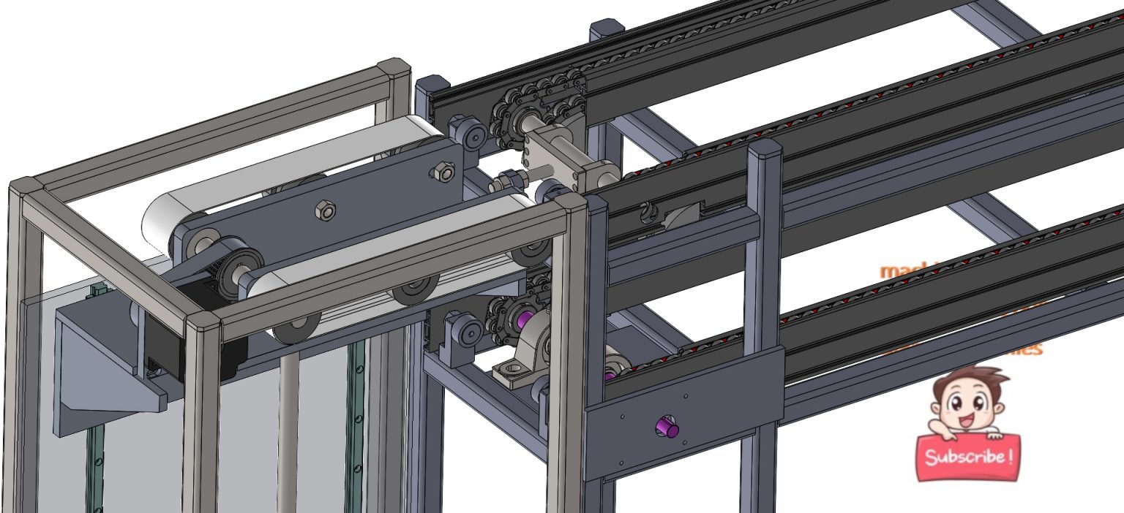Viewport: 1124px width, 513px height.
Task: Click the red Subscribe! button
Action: [x=967, y=457]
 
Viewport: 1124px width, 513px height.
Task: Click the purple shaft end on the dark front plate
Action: [x=665, y=427]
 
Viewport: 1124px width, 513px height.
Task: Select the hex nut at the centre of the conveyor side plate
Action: [x=324, y=211]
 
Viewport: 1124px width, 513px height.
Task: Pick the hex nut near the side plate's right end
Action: [x=441, y=172]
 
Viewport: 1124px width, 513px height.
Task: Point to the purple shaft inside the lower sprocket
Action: [x=522, y=319]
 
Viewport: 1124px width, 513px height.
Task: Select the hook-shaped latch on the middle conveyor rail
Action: [x=647, y=212]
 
